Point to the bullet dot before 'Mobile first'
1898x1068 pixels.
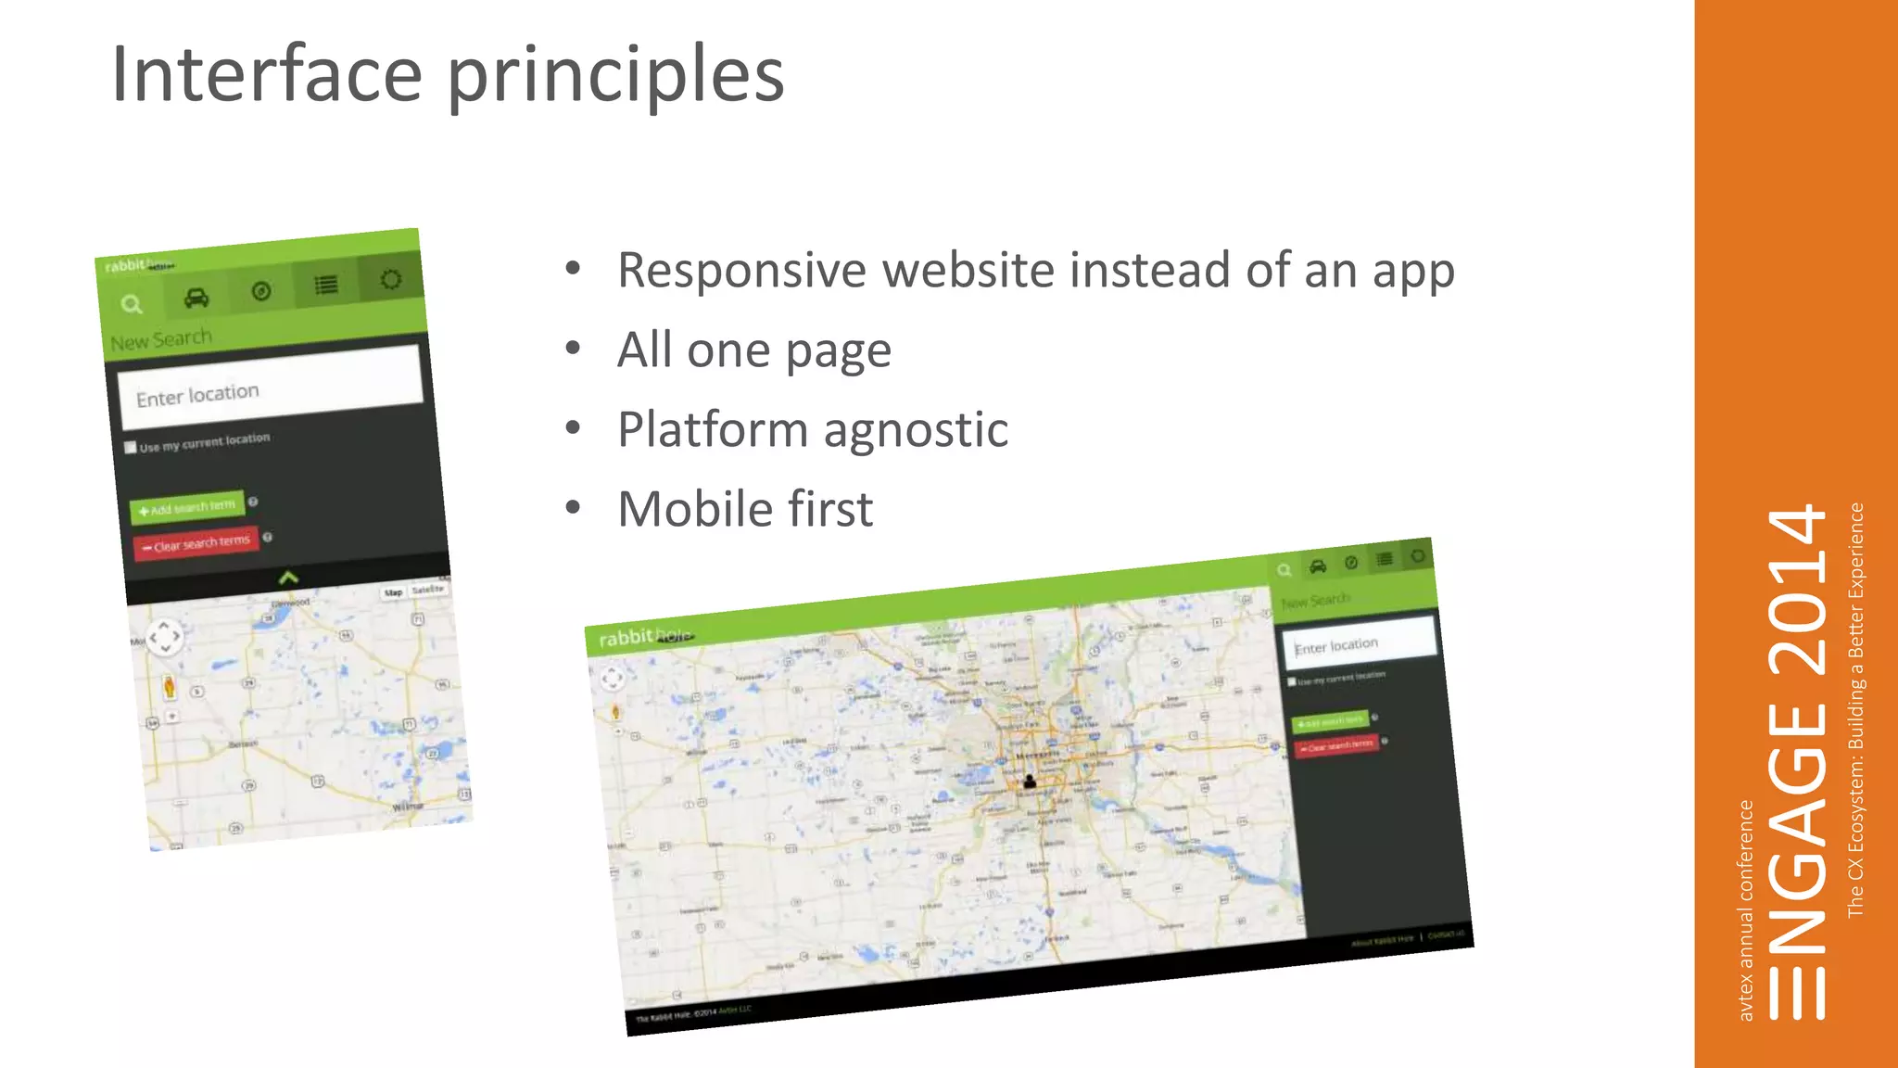pos(573,507)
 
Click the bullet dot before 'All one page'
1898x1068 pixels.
pos(573,348)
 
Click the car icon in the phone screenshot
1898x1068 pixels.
pos(196,298)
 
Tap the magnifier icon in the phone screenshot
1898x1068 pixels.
pos(132,304)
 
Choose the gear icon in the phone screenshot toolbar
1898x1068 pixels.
pos(391,279)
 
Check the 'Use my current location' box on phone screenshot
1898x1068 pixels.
pos(131,448)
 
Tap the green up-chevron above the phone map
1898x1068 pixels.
pos(288,578)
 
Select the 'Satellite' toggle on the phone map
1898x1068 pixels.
pos(427,590)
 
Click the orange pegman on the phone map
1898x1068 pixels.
pos(169,687)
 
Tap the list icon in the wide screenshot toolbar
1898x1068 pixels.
pos(1385,559)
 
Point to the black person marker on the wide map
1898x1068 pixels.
pos(1029,782)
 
